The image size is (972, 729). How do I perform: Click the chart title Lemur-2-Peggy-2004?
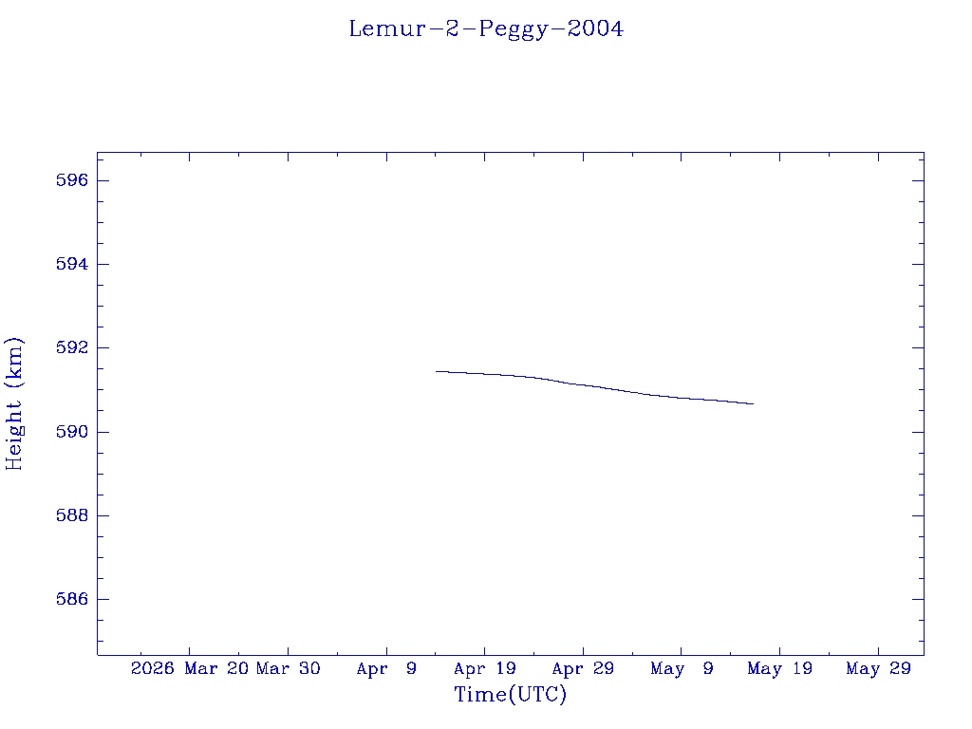pos(486,28)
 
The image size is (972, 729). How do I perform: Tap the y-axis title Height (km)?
pos(13,404)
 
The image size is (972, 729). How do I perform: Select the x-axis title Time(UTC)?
pos(510,694)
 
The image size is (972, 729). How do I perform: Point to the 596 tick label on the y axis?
pos(72,180)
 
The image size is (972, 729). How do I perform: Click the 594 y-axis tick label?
pos(72,264)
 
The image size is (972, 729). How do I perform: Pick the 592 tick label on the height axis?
pos(72,347)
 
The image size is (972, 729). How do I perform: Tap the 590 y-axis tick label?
pos(72,432)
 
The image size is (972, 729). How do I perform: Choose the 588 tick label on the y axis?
pos(72,515)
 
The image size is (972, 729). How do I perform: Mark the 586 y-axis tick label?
pos(72,599)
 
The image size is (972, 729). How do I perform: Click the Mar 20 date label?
pos(217,668)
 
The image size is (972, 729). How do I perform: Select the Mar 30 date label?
pos(289,668)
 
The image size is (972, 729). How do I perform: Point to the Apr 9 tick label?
pos(386,669)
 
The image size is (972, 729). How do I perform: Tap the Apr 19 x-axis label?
pos(485,669)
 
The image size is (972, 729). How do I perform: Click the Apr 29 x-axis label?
pos(584,669)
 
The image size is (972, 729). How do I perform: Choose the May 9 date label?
pos(682,669)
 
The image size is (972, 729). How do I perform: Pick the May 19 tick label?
pos(780,669)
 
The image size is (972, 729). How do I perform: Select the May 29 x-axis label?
pos(878,669)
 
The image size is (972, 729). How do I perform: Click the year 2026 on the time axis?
pos(153,668)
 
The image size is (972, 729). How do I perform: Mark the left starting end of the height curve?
pos(437,371)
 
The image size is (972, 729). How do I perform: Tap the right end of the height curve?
pos(753,404)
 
